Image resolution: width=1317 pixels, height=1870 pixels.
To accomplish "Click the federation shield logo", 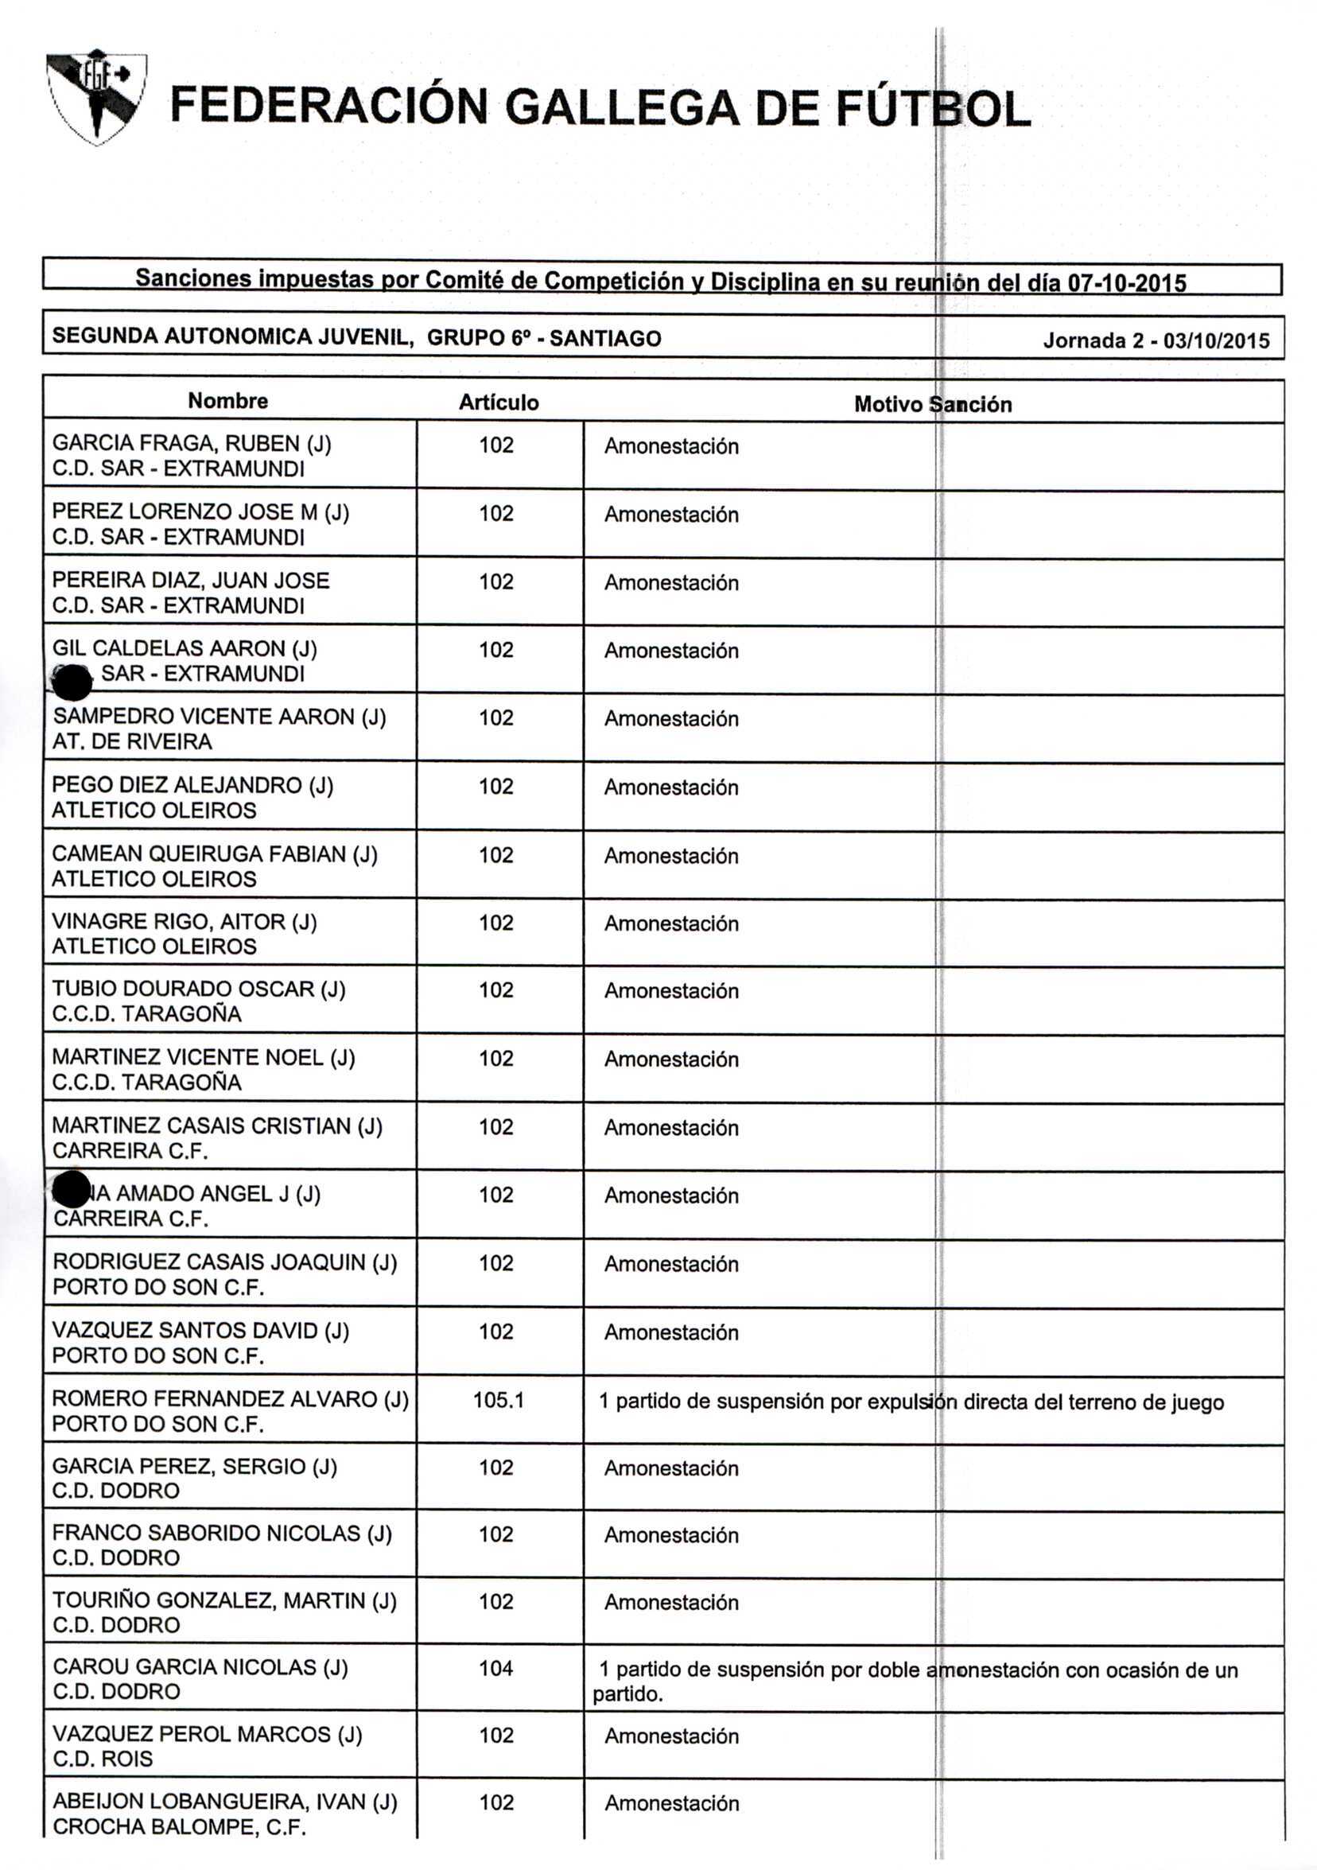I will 96,97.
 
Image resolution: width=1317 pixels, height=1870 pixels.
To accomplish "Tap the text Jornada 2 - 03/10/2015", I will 1156,340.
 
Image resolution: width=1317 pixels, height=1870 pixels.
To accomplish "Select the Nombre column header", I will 227,401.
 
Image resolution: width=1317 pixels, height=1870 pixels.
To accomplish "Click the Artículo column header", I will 499,402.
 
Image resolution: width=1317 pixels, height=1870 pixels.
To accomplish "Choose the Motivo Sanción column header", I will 933,405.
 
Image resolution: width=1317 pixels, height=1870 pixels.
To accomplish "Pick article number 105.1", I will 499,1400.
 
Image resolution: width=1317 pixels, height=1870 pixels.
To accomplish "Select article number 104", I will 496,1668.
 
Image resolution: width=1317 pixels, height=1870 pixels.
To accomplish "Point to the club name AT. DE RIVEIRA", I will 132,742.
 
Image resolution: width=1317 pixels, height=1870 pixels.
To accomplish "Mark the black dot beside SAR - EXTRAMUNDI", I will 72,682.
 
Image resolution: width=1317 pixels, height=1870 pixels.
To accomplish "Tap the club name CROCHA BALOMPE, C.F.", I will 179,1827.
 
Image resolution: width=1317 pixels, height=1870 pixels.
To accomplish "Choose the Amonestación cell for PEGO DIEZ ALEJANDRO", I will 671,787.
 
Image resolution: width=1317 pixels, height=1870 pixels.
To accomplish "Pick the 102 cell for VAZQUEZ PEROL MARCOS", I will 496,1735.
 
